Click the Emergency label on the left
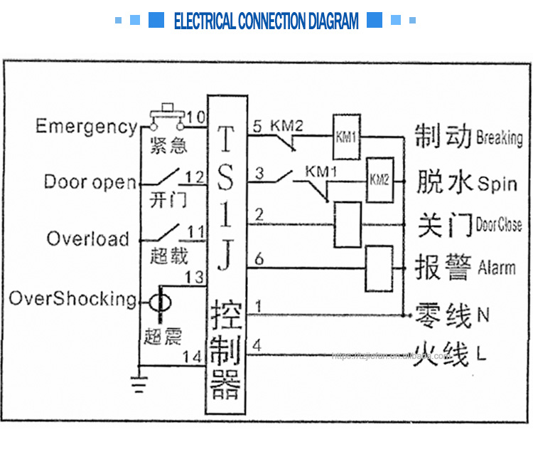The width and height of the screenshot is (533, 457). pyautogui.click(x=87, y=127)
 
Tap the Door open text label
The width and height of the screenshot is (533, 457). pyautogui.click(x=90, y=182)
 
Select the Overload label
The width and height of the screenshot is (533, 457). pyautogui.click(x=88, y=238)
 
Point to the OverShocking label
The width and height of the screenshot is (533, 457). pyautogui.click(x=72, y=298)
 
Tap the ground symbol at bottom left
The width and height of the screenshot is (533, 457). pyautogui.click(x=140, y=384)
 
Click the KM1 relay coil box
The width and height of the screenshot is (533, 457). pyautogui.click(x=347, y=137)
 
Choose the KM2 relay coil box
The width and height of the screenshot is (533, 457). pyautogui.click(x=379, y=179)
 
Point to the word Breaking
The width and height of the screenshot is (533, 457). pyautogui.click(x=499, y=137)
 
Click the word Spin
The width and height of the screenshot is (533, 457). pyautogui.click(x=497, y=184)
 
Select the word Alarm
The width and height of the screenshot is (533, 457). pyautogui.click(x=497, y=268)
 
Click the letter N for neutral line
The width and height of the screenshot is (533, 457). pyautogui.click(x=485, y=314)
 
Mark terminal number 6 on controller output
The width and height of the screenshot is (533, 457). pyautogui.click(x=259, y=261)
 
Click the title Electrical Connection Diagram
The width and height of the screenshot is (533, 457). pyautogui.click(x=266, y=21)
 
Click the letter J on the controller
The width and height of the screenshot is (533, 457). pyautogui.click(x=225, y=258)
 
